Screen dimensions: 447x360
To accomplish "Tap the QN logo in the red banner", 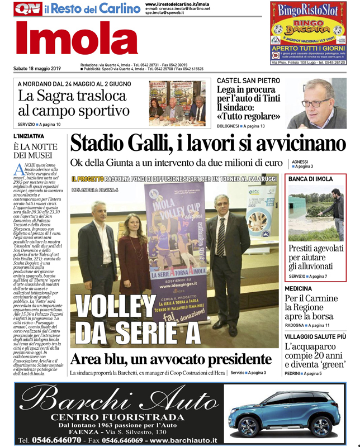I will (x=27, y=9).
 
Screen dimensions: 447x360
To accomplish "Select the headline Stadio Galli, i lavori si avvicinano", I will (x=207, y=144).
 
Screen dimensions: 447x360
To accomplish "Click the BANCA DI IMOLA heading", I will (x=310, y=179).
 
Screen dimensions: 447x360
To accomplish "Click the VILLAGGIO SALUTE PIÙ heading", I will (x=315, y=336).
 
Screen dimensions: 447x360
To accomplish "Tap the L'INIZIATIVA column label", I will (x=29, y=136).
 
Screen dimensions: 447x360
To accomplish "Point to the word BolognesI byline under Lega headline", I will (x=229, y=127).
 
